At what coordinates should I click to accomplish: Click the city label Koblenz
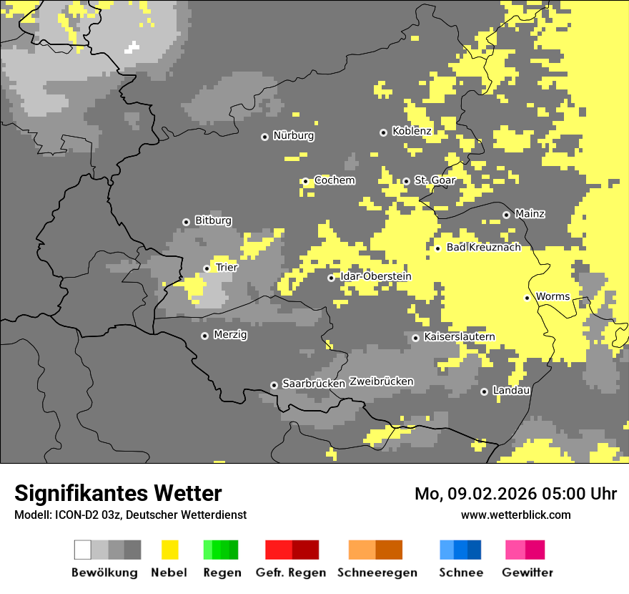412,132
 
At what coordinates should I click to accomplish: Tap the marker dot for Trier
207,268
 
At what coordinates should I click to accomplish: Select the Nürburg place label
293,136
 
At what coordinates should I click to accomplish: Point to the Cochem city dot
305,181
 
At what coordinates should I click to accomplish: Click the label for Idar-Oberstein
375,277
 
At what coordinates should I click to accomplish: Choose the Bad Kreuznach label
483,248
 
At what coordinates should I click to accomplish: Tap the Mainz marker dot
506,215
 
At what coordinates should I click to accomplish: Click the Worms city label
553,297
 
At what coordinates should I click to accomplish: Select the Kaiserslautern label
459,337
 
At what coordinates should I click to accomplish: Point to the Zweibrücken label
381,382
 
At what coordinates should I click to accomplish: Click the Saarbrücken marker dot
274,385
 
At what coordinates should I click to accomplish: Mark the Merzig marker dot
204,336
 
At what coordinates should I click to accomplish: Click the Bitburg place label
213,221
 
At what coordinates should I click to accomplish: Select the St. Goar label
435,180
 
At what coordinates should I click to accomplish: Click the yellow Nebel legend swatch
169,550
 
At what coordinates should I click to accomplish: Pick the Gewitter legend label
527,573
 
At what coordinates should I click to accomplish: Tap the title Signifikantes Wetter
118,494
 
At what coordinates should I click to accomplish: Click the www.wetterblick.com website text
515,515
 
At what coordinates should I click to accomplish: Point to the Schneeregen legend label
377,573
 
